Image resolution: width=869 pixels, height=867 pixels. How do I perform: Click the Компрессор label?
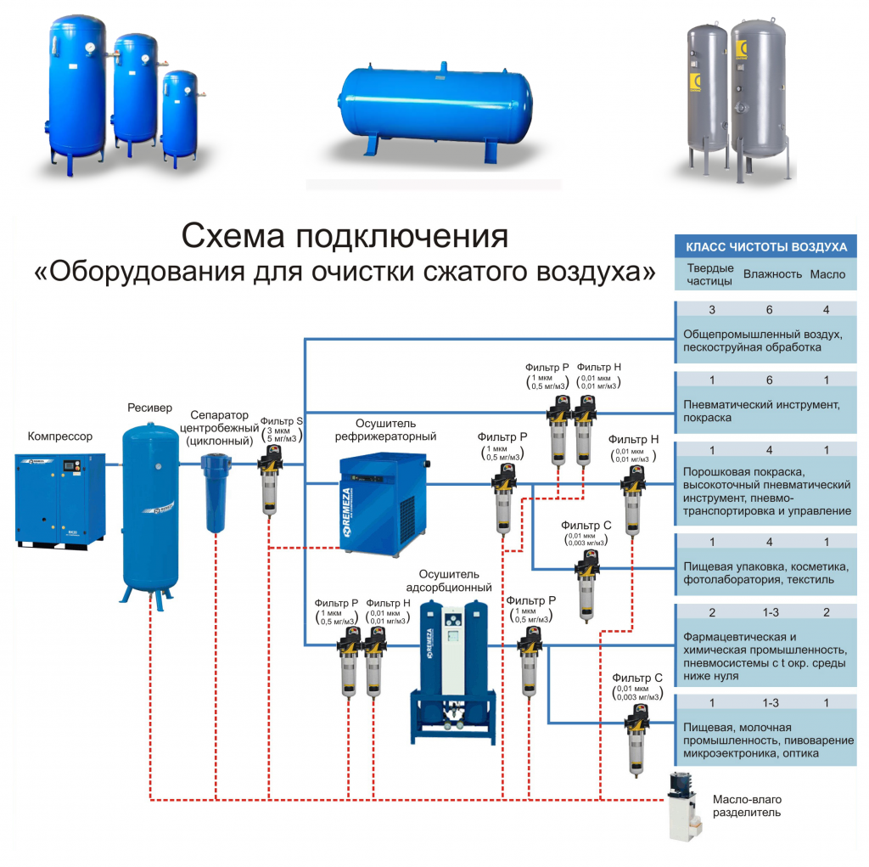coord(60,436)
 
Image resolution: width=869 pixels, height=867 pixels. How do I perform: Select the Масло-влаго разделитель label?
coord(747,806)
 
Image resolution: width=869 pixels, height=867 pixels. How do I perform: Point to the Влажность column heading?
coord(772,274)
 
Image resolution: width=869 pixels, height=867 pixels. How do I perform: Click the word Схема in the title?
coord(223,235)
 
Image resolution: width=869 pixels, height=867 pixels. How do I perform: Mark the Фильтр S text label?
coord(281,421)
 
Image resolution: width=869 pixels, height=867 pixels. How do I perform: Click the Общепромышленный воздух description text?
coord(761,341)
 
